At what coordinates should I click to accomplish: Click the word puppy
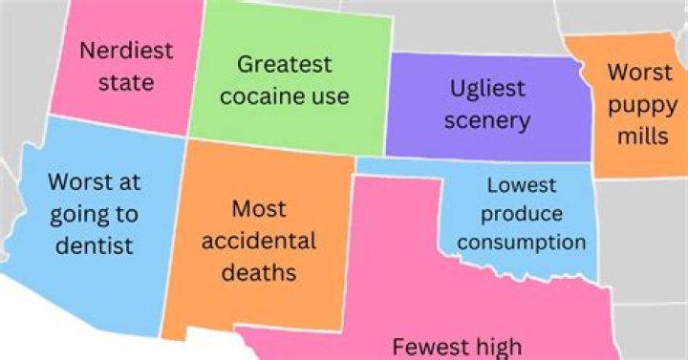pyautogui.click(x=639, y=104)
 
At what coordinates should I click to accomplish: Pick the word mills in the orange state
pyautogui.click(x=641, y=137)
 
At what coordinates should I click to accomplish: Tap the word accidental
pyautogui.click(x=259, y=240)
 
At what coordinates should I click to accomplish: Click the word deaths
pyautogui.click(x=259, y=272)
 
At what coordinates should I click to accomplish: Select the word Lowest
pyautogui.click(x=521, y=185)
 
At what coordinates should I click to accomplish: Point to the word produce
pyautogui.click(x=522, y=213)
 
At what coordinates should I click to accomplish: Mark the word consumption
pyautogui.click(x=522, y=242)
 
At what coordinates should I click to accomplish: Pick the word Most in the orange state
pyautogui.click(x=259, y=207)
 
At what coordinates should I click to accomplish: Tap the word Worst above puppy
pyautogui.click(x=640, y=73)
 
